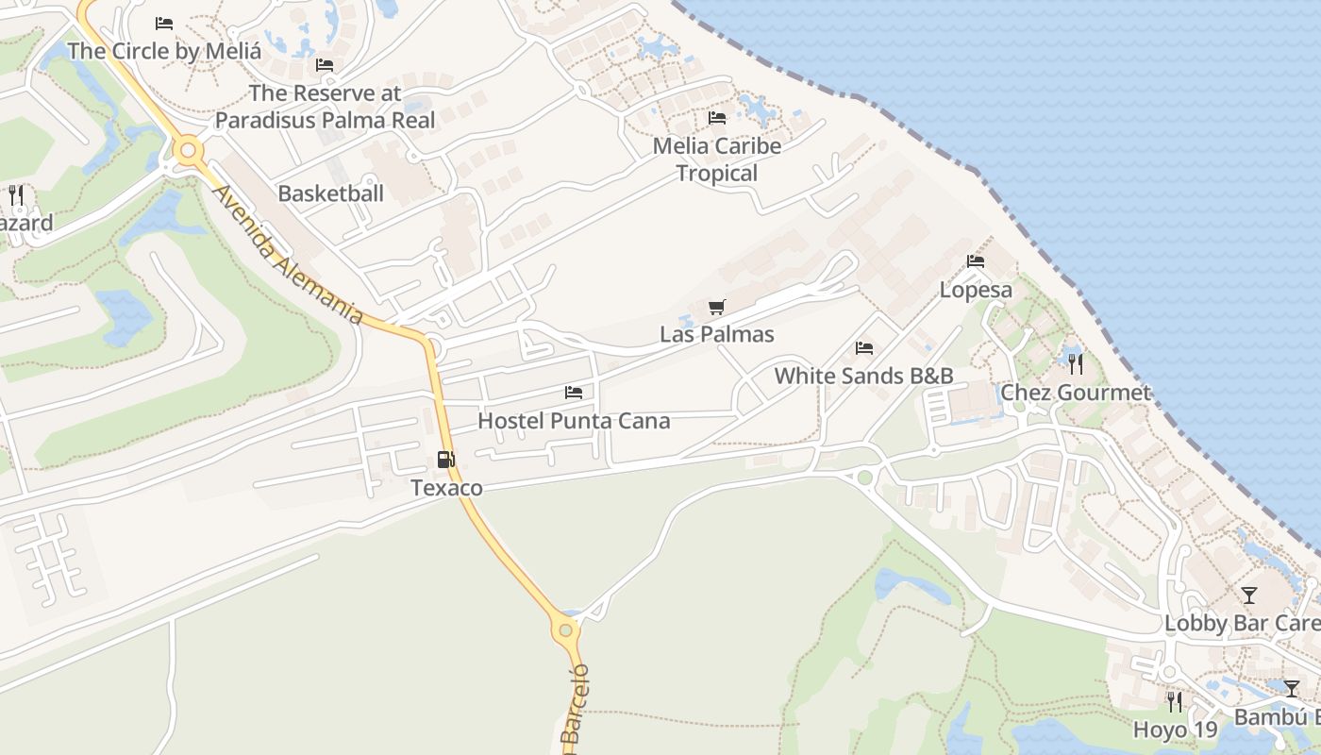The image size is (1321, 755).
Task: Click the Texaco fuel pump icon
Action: coord(445,460)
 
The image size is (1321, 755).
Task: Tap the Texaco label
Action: coord(446,488)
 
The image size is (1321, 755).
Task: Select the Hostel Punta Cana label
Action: coord(574,421)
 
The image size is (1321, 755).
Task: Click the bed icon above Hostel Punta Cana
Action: coord(573,393)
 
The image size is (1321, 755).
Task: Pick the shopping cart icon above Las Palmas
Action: coord(717,307)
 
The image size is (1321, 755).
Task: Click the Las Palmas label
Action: coord(717,334)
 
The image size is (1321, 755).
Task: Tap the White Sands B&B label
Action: coord(863,376)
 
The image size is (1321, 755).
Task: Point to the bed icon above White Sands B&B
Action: coord(863,348)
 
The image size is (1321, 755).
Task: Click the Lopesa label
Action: coord(976,290)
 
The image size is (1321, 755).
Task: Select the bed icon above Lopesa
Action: coord(976,261)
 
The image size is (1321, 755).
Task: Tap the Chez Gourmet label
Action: coord(1076,393)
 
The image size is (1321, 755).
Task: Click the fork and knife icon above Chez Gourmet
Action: coord(1075,362)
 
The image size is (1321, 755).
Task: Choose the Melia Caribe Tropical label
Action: coord(717,159)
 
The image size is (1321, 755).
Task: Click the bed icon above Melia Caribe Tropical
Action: coord(717,118)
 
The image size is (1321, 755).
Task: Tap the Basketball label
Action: coord(330,193)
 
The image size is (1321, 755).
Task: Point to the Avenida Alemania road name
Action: coord(287,255)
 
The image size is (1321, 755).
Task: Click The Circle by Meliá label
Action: coord(164,51)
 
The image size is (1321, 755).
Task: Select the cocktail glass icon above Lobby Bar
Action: coord(1249,595)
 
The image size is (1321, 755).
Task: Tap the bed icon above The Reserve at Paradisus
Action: coord(325,65)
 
